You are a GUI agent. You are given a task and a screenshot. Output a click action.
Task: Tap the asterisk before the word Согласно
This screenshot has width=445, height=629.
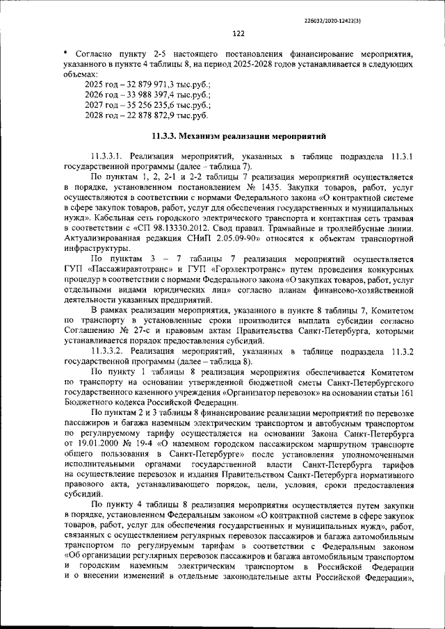(64, 53)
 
